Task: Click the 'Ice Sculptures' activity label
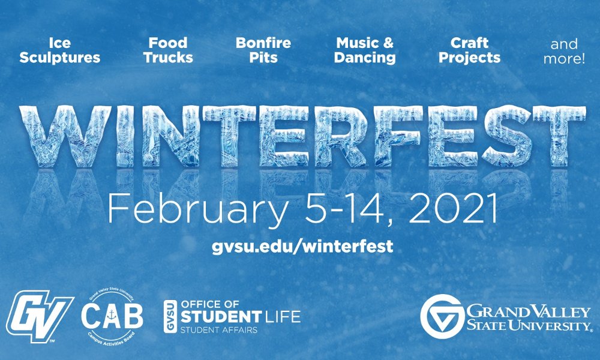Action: coord(59,50)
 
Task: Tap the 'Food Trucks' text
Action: coord(168,50)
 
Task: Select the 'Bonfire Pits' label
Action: coord(263,50)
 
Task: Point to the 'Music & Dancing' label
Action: coord(365,50)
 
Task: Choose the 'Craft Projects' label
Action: coord(470,50)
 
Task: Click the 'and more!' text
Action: coord(564,51)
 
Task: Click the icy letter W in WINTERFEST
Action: coord(65,136)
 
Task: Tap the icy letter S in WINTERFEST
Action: coord(506,136)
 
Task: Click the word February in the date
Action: coord(198,209)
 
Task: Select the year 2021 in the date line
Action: coord(453,209)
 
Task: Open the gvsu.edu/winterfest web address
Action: coord(302,246)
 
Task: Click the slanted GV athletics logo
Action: coord(39,316)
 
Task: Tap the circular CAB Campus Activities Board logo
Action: coord(112,317)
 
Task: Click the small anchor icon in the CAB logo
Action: coord(112,315)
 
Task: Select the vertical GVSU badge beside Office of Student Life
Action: coord(170,316)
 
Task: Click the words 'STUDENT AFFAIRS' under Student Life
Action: coord(219,330)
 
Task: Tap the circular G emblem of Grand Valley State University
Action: coord(442,316)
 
